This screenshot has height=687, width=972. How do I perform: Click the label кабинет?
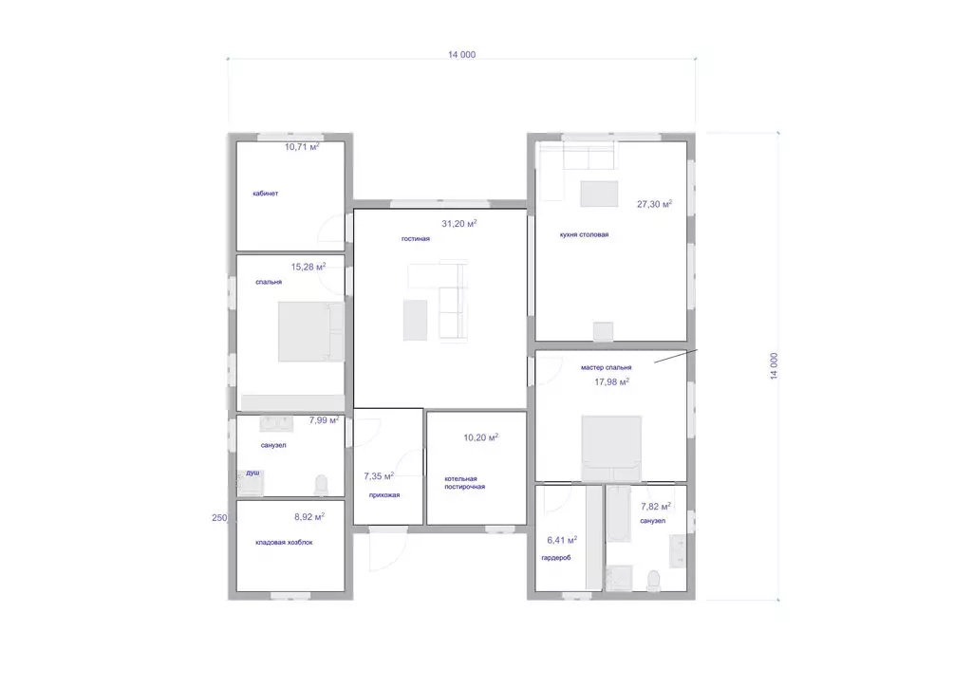coord(266,194)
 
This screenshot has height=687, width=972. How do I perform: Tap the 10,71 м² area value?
coord(302,147)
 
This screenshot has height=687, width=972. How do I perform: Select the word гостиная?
coord(416,239)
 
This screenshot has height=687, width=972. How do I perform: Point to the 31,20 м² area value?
coord(459,224)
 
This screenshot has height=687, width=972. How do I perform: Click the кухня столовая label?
coord(584,234)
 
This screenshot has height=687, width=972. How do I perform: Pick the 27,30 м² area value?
coord(655,204)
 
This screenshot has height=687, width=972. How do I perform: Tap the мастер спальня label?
coord(607,368)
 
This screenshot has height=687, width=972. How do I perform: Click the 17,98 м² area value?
coord(612,382)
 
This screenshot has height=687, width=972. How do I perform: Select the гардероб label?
coord(556,558)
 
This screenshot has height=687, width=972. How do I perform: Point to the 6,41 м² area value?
coord(562,540)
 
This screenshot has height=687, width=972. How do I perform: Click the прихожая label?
coord(384,495)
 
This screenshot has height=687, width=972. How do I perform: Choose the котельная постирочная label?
coord(464,483)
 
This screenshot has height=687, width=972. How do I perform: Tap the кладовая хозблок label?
coord(284,543)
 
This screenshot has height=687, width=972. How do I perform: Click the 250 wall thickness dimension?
coord(219,518)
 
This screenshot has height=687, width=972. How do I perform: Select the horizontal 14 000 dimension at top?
coord(462,54)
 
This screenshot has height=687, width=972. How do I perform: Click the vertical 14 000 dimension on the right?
coord(774,366)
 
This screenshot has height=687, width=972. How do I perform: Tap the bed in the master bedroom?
coord(611,448)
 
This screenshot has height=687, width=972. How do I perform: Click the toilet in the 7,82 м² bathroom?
coord(653,581)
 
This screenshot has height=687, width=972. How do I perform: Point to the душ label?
coord(252,473)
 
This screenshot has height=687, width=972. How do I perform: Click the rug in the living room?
coord(416,320)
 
